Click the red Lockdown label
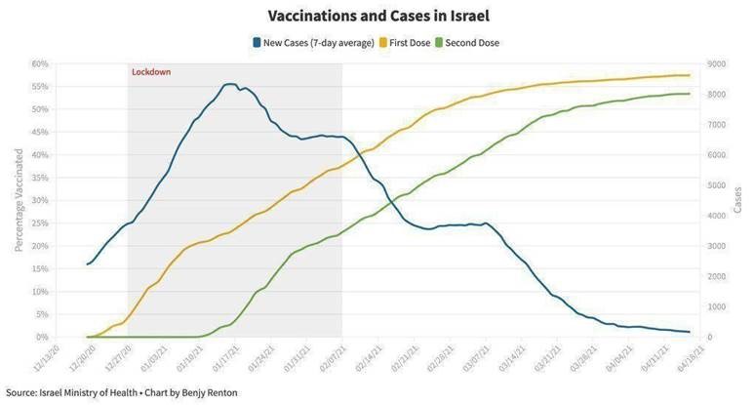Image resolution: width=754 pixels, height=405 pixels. [150, 72]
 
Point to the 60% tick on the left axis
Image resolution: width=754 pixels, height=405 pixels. [40, 63]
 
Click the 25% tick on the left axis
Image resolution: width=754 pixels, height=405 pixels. [40, 223]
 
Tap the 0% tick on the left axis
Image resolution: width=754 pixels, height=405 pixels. [43, 337]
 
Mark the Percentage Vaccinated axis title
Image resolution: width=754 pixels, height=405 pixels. [19, 200]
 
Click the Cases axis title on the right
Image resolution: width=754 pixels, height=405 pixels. [737, 200]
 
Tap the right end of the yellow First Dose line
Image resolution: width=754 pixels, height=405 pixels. [690, 75]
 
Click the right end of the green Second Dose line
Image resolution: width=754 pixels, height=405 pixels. [690, 94]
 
